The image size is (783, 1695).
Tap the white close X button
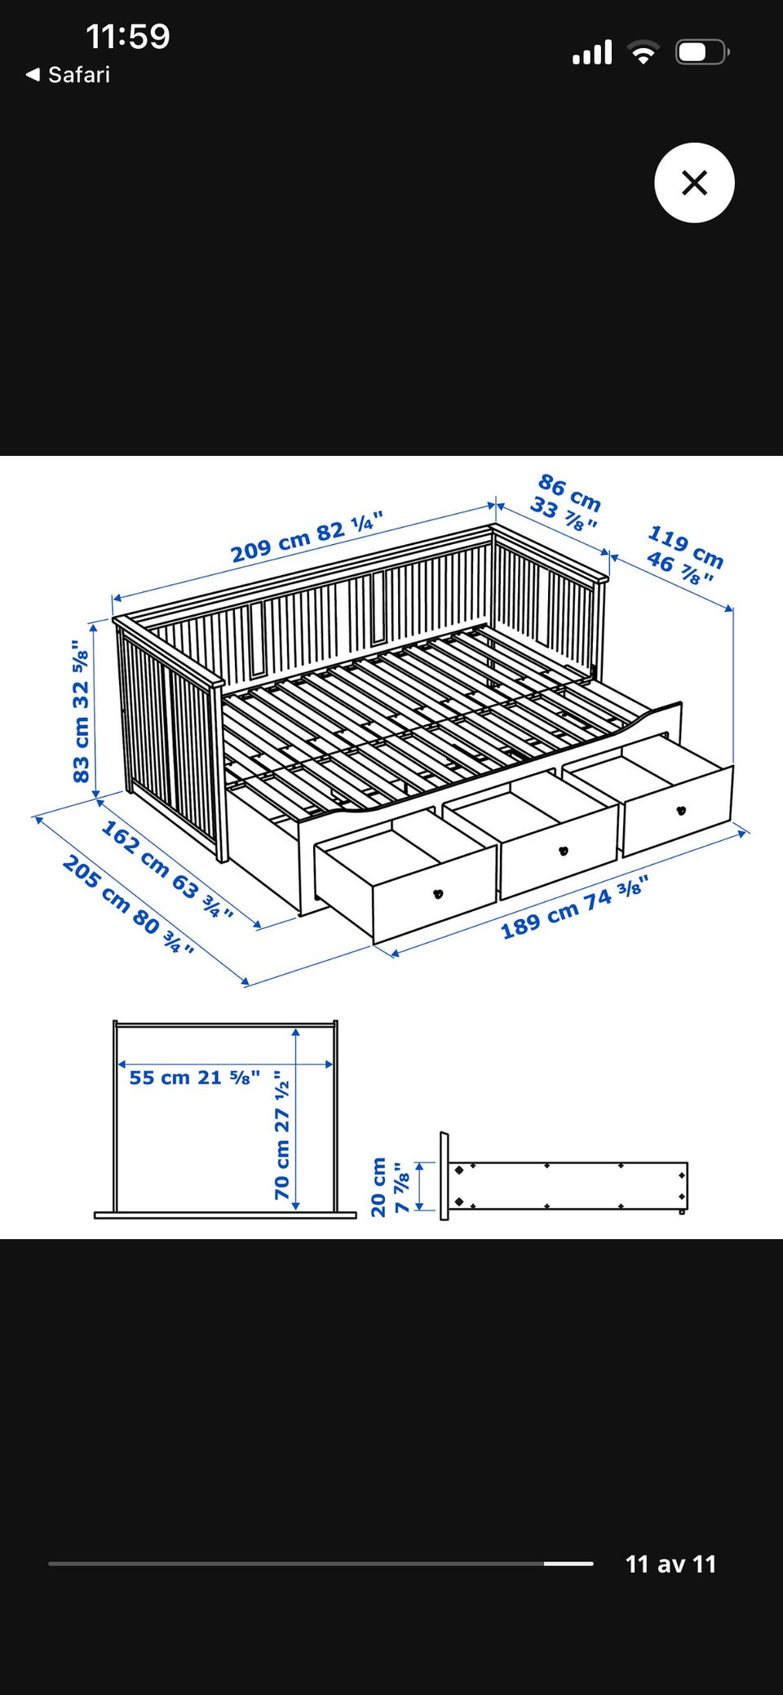point(694,183)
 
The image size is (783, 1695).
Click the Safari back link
point(69,75)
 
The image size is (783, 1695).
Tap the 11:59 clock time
point(128,37)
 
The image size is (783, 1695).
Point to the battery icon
point(702,53)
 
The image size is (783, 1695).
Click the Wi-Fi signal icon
point(644,53)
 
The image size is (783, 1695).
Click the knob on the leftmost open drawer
point(438,894)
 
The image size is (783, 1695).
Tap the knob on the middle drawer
point(563,851)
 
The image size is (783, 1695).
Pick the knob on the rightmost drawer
point(681,810)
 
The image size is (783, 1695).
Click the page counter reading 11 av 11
point(670,1564)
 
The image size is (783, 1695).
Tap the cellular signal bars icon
point(592,52)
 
